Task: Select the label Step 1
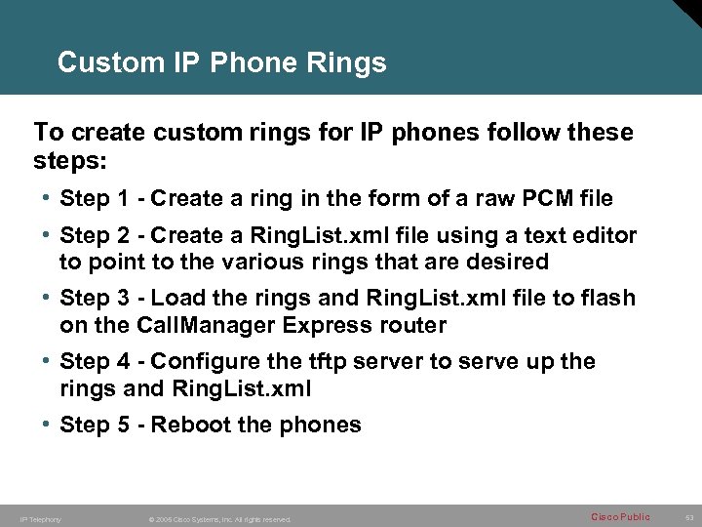pos(95,199)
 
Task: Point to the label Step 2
pos(95,236)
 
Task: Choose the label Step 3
pos(95,299)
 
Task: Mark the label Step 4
pos(95,362)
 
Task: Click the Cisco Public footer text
pos(621,517)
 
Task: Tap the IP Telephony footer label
pos(41,519)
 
